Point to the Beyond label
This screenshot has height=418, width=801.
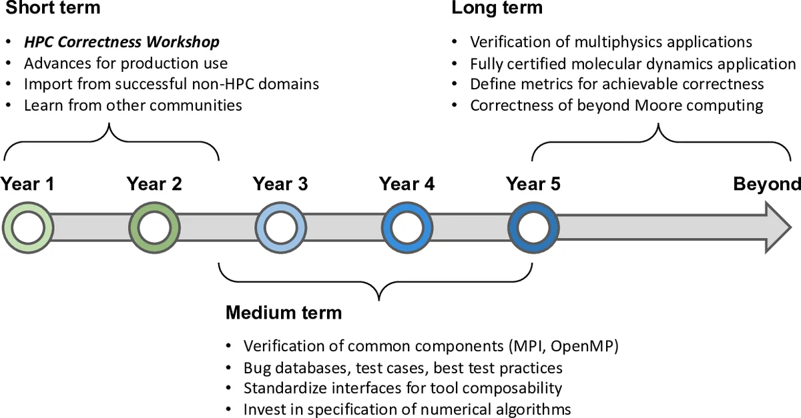pyautogui.click(x=766, y=184)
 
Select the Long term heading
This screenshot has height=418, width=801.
pyautogui.click(x=497, y=8)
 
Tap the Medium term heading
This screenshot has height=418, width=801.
pyautogui.click(x=284, y=313)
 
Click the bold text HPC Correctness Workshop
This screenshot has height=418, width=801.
pyautogui.click(x=122, y=42)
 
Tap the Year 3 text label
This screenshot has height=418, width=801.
pyautogui.click(x=280, y=184)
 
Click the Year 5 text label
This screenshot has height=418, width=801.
pyautogui.click(x=533, y=184)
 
